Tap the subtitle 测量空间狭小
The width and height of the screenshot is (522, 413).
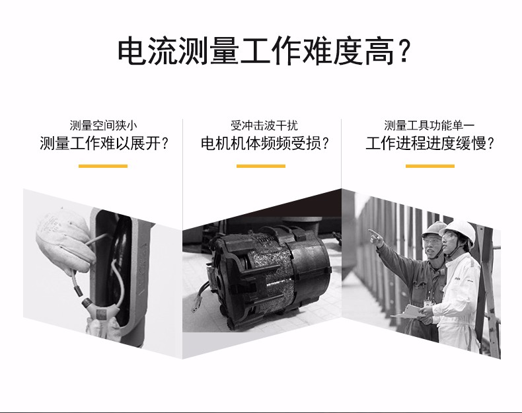[103, 126]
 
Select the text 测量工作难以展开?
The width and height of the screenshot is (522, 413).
[103, 143]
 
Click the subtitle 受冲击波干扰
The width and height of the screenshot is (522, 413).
[264, 126]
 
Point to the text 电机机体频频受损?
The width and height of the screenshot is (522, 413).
[264, 143]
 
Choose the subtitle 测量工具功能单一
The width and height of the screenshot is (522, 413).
[429, 126]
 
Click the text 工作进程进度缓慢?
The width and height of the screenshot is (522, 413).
[429, 143]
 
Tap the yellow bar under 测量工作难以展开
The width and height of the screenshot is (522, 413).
[103, 166]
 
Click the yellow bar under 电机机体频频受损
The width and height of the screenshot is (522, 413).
[261, 166]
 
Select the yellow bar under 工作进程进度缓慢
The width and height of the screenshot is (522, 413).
[429, 166]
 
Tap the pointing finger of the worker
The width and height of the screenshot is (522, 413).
[372, 232]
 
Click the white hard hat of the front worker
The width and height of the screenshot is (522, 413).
[459, 231]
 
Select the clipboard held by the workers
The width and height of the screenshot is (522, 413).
[408, 312]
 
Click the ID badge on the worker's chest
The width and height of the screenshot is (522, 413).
[428, 303]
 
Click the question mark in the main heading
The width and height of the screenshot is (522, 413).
[404, 52]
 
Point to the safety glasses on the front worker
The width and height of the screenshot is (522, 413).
[449, 237]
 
